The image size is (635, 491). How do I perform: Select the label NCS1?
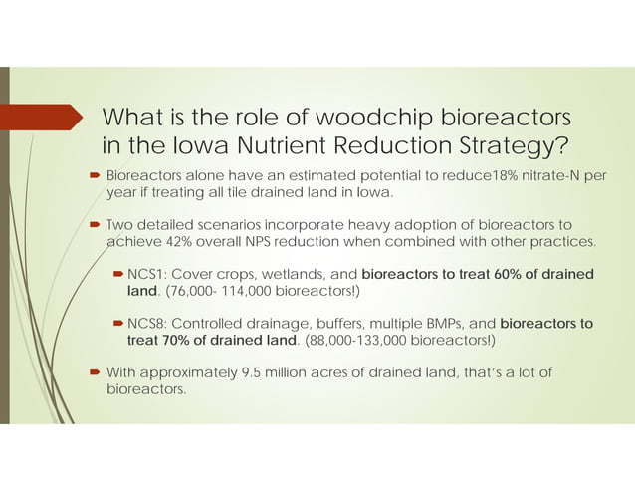tap(148, 274)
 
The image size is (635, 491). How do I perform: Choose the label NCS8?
tap(148, 323)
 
